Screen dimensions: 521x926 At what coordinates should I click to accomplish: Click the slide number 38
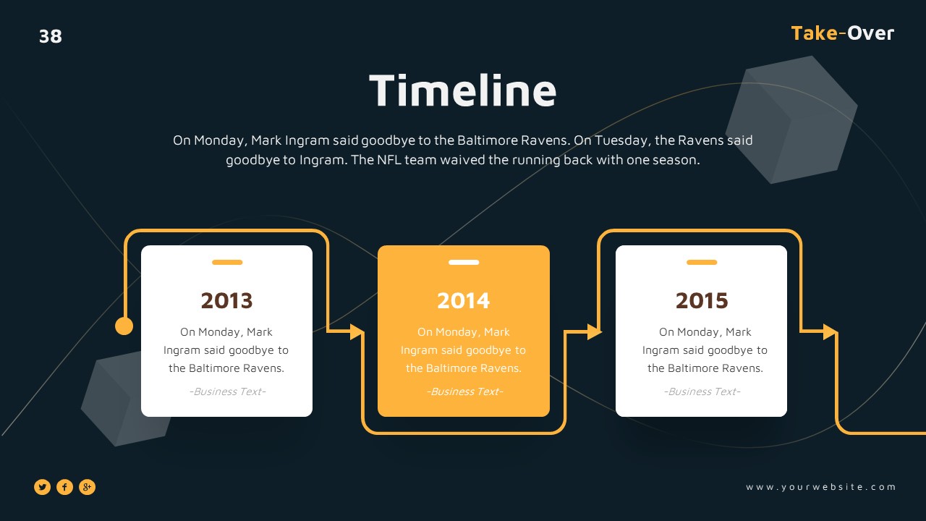click(51, 36)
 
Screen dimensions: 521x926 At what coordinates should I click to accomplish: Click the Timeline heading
click(463, 91)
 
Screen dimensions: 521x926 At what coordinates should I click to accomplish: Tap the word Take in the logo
click(815, 33)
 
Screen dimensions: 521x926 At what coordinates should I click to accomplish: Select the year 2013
click(226, 300)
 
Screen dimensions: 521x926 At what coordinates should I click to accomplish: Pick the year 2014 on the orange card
click(464, 300)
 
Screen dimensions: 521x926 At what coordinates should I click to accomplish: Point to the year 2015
click(702, 300)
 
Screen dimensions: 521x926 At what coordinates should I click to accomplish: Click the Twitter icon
click(43, 487)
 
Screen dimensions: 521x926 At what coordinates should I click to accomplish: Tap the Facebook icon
click(65, 487)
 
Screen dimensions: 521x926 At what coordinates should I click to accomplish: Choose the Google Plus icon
click(87, 487)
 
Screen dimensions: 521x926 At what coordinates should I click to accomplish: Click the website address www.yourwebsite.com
click(821, 487)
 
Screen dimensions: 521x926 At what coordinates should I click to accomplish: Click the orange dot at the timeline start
click(124, 326)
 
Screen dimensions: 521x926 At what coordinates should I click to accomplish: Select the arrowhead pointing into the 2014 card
click(357, 331)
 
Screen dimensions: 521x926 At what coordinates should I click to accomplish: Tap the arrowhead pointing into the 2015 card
click(594, 331)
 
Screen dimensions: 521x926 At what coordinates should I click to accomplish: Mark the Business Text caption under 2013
click(227, 391)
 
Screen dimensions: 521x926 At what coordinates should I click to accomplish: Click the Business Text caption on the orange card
click(464, 391)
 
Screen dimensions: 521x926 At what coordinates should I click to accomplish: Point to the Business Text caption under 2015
click(702, 391)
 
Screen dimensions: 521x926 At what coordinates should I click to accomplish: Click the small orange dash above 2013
click(227, 262)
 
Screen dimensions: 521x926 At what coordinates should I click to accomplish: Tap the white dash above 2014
click(464, 262)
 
